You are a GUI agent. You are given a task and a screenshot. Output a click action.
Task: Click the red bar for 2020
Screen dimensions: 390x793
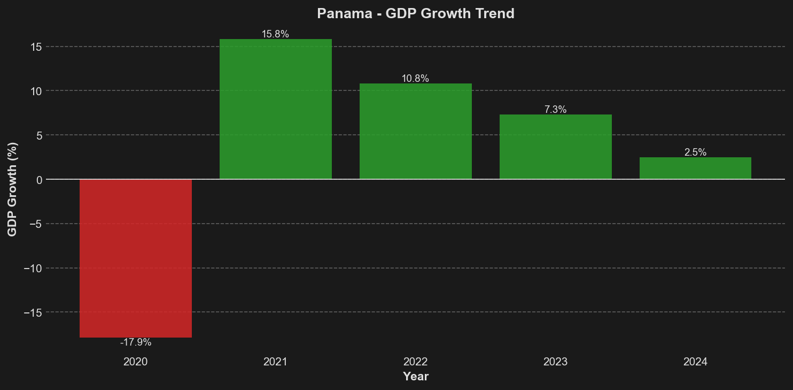point(136,258)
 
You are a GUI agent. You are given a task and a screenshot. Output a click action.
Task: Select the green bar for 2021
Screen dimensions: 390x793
point(276,109)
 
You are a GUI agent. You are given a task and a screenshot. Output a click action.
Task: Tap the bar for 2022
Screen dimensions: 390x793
point(416,131)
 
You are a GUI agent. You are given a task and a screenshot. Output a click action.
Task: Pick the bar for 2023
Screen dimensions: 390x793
point(555,147)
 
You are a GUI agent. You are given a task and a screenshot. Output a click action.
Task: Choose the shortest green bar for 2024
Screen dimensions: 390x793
point(695,168)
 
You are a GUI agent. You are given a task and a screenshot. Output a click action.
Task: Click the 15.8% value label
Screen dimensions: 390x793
point(275,34)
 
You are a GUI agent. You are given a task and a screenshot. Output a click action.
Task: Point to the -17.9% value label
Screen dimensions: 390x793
point(136,342)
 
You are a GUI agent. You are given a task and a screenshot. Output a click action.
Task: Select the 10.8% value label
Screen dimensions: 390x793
point(415,79)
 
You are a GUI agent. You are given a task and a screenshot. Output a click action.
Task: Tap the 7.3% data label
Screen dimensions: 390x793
point(555,110)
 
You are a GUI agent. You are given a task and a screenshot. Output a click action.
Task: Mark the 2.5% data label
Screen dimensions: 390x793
point(695,152)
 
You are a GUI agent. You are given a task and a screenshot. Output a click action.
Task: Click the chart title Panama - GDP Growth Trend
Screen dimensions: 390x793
point(415,13)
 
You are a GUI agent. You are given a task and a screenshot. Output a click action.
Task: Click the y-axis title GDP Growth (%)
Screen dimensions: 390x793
point(12,189)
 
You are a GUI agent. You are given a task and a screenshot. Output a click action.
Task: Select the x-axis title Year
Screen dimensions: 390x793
point(416,377)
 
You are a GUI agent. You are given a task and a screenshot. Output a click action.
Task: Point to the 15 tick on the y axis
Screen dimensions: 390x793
point(36,47)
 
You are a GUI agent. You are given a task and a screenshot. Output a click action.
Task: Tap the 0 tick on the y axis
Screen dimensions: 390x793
point(39,180)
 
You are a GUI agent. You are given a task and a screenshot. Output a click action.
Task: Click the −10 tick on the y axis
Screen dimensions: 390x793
point(33,268)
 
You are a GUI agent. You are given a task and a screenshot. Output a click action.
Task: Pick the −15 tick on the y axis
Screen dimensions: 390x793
point(33,312)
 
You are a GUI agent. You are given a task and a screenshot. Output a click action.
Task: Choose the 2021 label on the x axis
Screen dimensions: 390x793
point(275,362)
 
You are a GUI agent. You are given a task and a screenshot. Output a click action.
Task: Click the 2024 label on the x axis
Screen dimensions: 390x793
point(695,362)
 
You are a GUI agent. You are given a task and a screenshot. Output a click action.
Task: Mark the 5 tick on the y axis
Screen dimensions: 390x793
point(39,135)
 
